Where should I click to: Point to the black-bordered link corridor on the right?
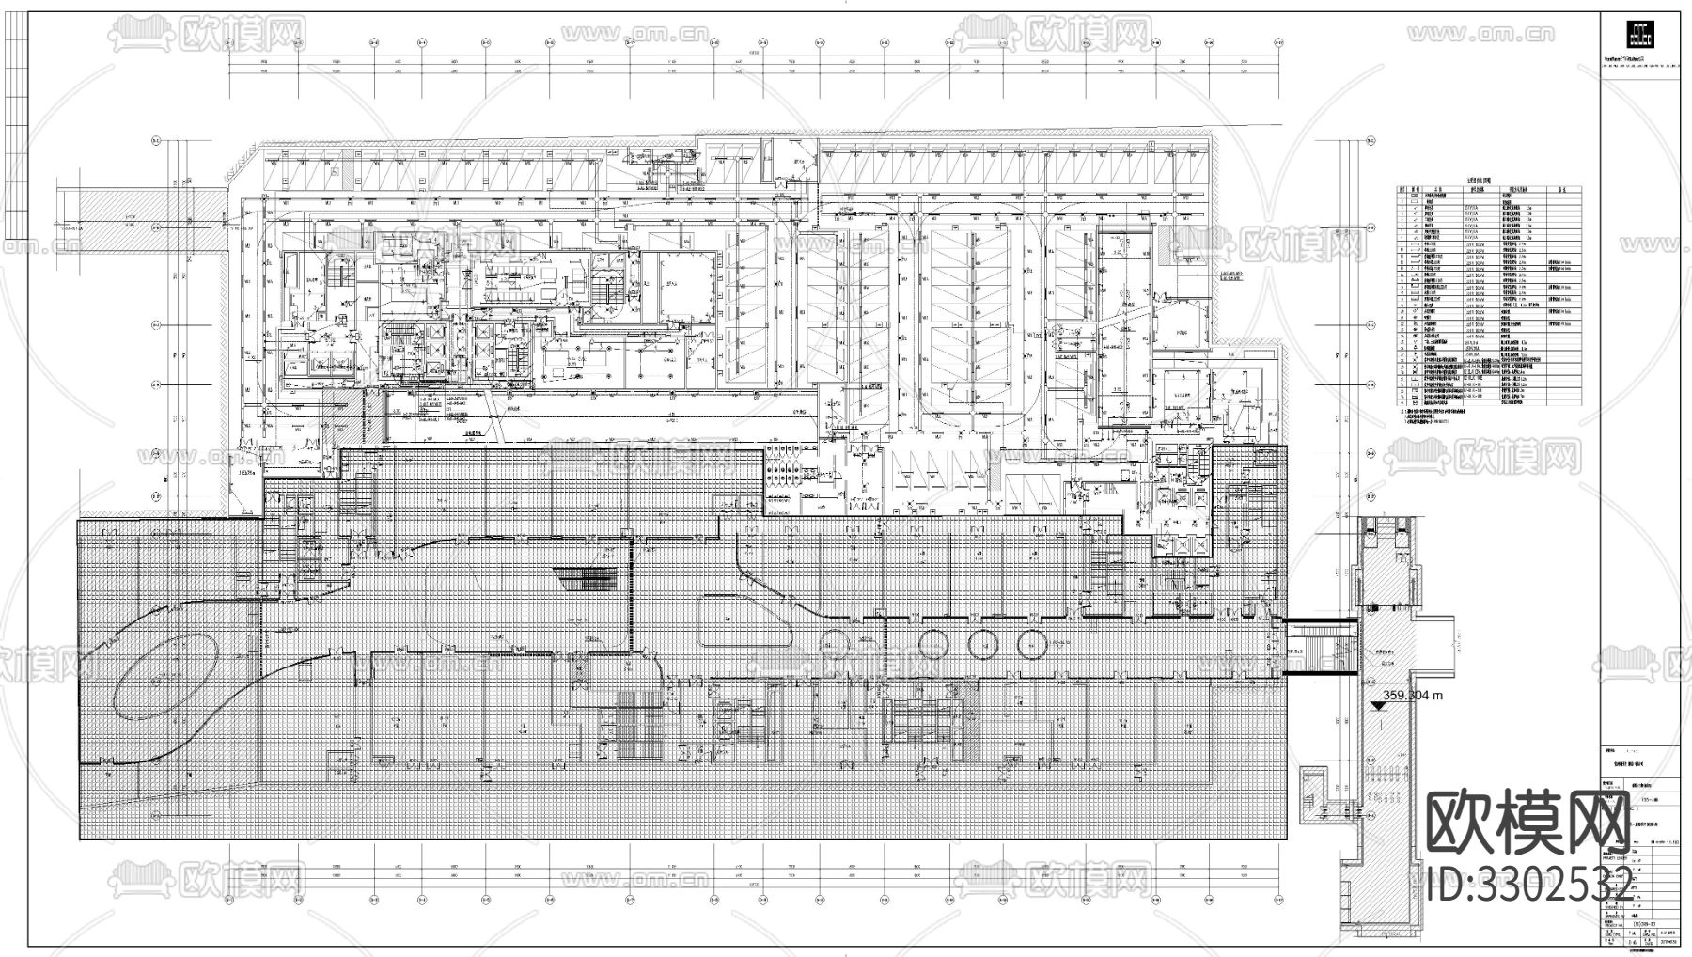tap(1322, 646)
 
